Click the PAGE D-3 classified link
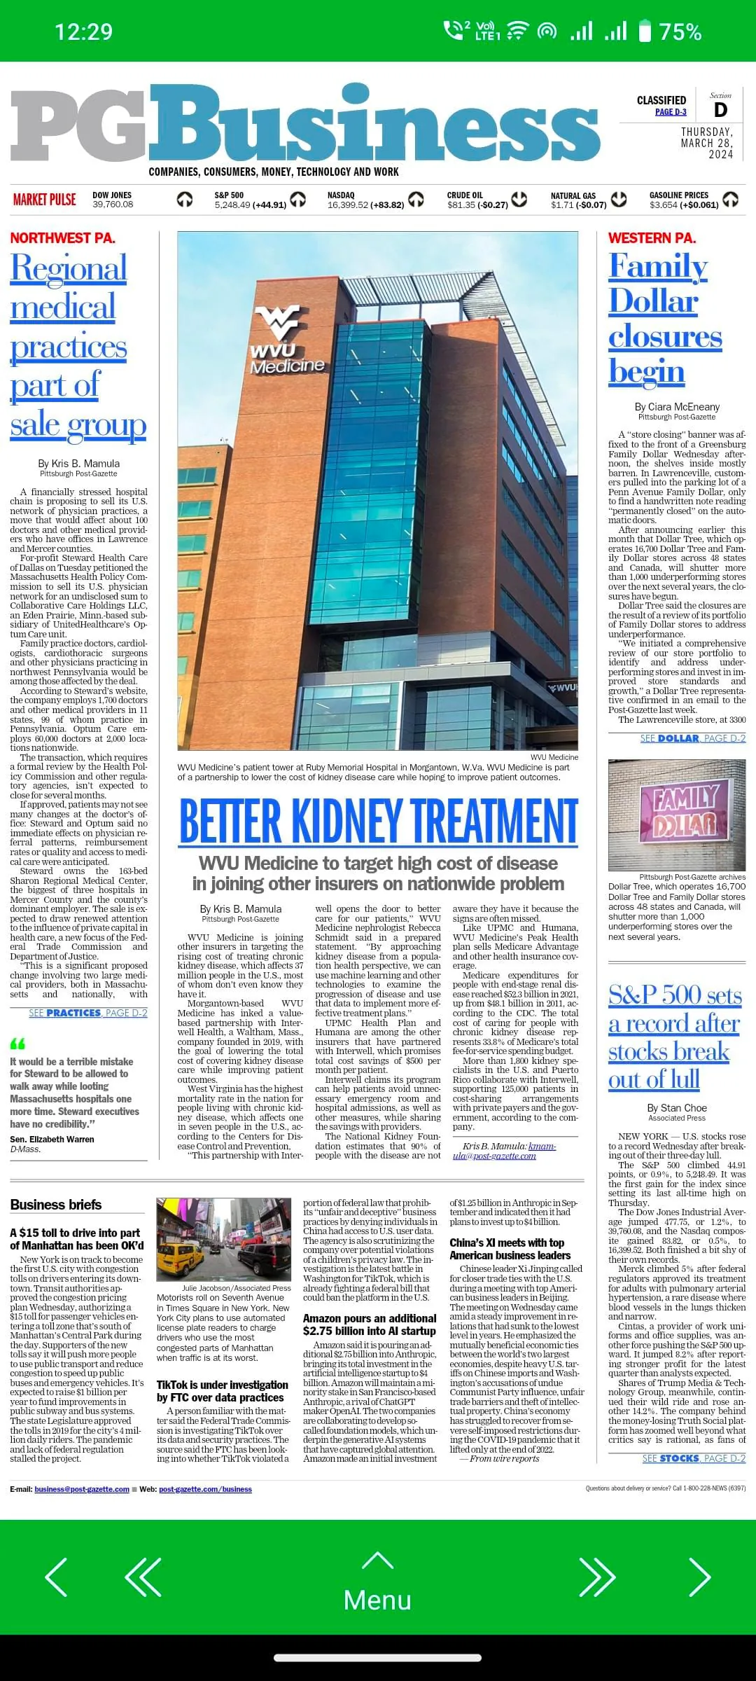click(670, 112)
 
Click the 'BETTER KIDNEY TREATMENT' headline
click(379, 821)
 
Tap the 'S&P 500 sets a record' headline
click(674, 1037)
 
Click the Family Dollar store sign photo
click(677, 815)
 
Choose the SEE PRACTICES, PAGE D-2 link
click(88, 1013)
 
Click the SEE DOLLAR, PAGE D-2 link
click(692, 738)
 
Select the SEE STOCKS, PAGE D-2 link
click(694, 1458)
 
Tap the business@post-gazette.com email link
click(82, 1489)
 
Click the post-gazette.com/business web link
click(205, 1489)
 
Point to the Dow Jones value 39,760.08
click(113, 205)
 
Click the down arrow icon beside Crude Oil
click(519, 200)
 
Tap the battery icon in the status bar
click(645, 32)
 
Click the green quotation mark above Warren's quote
click(17, 1044)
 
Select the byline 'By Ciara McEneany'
click(677, 407)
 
